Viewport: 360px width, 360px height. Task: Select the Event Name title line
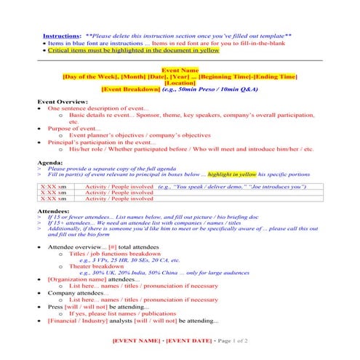[x=180, y=70]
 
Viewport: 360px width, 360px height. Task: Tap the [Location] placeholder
[x=180, y=83]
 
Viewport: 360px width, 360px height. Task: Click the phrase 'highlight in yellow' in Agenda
[x=232, y=175]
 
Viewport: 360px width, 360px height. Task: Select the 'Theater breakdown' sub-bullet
[x=99, y=267]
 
